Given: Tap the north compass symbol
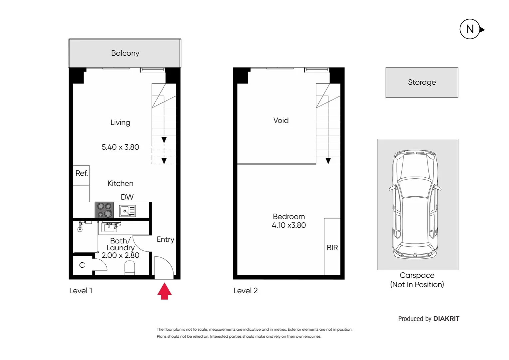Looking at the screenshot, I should tap(470, 29).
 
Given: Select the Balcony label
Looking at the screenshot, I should tap(125, 53).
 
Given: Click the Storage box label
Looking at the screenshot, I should tap(422, 82).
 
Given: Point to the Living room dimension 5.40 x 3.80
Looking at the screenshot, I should tap(120, 147).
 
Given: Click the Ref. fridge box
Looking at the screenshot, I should tap(81, 175).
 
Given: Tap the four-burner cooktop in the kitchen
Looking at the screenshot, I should tap(104, 210).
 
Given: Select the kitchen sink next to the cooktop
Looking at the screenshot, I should tap(127, 211).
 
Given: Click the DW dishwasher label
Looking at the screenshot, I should tap(127, 197).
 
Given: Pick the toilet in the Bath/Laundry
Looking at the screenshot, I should tap(130, 268).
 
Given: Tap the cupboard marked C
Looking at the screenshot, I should tap(82, 265).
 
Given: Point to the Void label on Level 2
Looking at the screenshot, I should tap(281, 120).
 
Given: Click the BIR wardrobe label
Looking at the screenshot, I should tap(332, 248).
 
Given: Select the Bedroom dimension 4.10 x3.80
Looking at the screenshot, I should tap(289, 225).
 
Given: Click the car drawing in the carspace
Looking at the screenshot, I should tap(415, 204).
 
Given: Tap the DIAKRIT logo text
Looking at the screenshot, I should tap(446, 319).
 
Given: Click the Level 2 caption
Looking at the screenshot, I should tap(246, 291).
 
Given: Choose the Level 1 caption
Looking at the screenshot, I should tap(81, 291).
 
